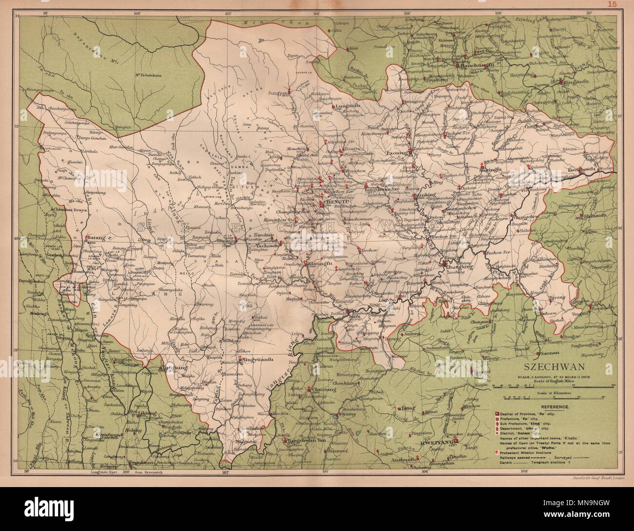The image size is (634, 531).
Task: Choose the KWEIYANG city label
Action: tap(462, 443)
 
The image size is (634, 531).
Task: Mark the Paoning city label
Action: tap(399, 152)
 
